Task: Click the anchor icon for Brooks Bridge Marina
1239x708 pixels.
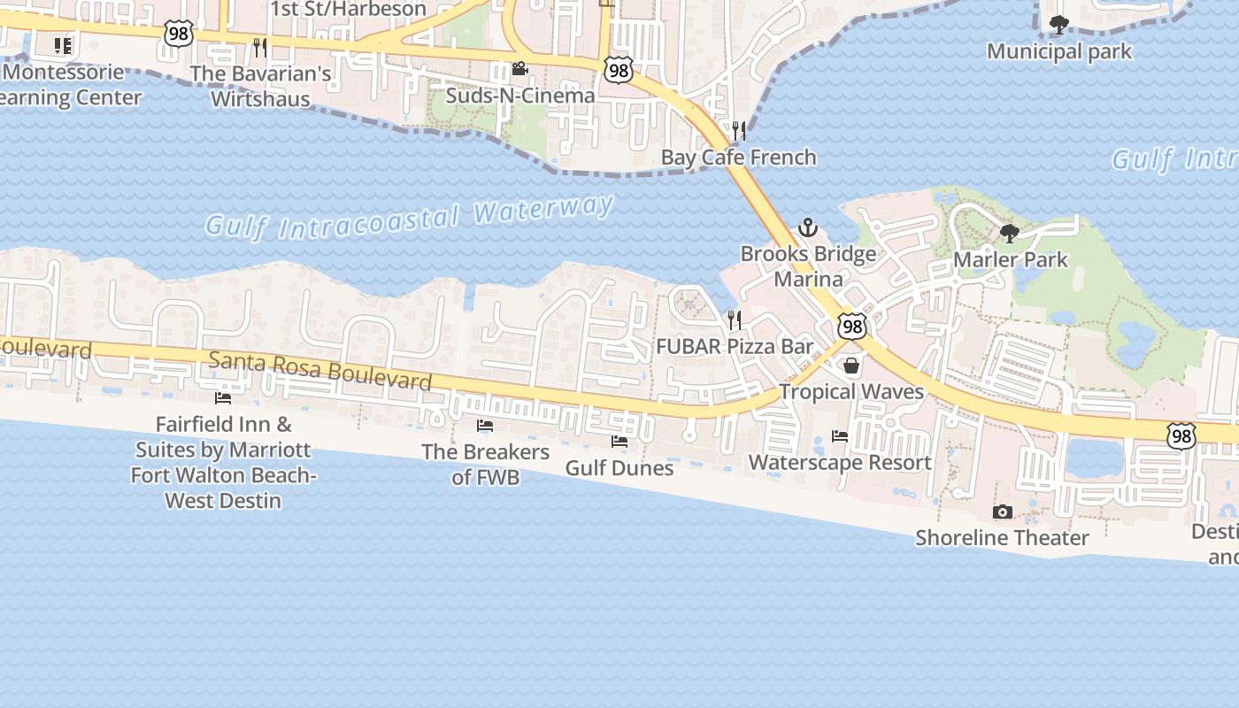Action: pos(807,228)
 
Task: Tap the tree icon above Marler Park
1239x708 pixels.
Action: pos(1009,234)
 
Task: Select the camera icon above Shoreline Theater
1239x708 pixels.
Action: pos(1002,512)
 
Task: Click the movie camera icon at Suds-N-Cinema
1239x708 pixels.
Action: pos(519,69)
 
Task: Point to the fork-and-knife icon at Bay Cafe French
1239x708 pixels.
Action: pos(739,131)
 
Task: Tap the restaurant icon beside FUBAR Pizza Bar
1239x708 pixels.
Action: pos(734,319)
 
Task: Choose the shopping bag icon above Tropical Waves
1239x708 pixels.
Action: pos(851,365)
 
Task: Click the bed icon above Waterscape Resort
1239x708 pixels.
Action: pos(840,435)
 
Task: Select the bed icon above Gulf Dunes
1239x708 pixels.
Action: pos(619,441)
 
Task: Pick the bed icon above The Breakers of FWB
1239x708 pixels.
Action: pos(485,426)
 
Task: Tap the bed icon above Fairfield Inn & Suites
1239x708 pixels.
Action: pos(223,398)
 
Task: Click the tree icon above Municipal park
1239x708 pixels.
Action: pos(1058,24)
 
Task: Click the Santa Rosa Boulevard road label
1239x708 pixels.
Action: pos(320,370)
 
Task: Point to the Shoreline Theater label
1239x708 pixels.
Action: pos(1002,538)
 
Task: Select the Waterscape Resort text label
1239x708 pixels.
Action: pos(840,462)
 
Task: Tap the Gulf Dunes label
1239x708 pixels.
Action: pos(619,467)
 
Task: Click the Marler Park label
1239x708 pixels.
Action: pos(1011,260)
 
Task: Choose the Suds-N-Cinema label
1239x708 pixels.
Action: pos(519,96)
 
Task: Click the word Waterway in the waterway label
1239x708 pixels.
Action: pos(543,211)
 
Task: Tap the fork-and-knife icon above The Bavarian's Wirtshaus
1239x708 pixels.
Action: pos(259,46)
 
